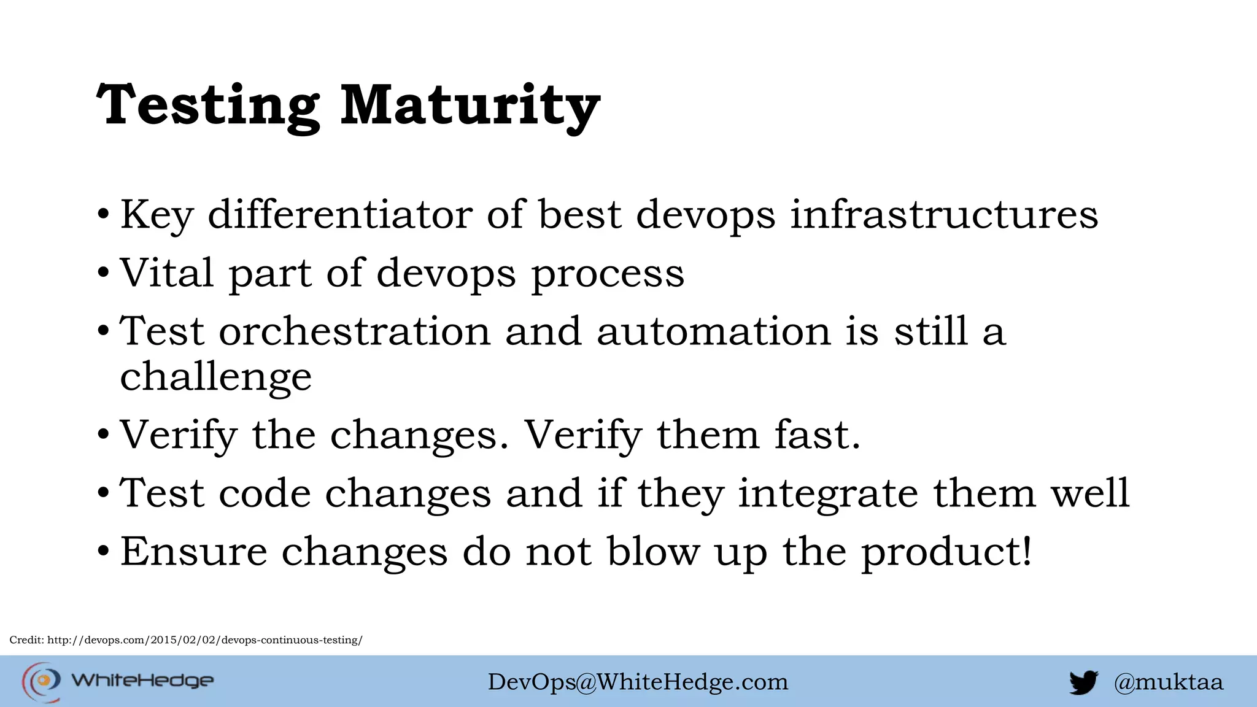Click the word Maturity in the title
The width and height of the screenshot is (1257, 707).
[x=470, y=106]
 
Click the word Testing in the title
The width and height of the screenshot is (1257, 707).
[x=208, y=106]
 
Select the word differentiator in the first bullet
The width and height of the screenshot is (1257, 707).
[x=340, y=215]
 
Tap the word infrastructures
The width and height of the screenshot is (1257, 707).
[x=943, y=215]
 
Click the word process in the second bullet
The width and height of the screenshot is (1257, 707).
[x=607, y=274]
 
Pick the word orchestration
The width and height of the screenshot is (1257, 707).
[x=355, y=331]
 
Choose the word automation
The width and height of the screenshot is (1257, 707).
[x=713, y=331]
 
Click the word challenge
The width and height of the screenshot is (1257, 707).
[x=215, y=377]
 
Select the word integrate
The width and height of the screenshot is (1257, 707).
[x=827, y=493]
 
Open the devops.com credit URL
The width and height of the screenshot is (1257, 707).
[x=205, y=640]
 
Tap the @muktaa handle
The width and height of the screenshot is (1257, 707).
[x=1169, y=682]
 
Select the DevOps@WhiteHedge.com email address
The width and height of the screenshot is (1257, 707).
[x=638, y=682]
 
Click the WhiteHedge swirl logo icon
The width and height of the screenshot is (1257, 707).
[x=42, y=681]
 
